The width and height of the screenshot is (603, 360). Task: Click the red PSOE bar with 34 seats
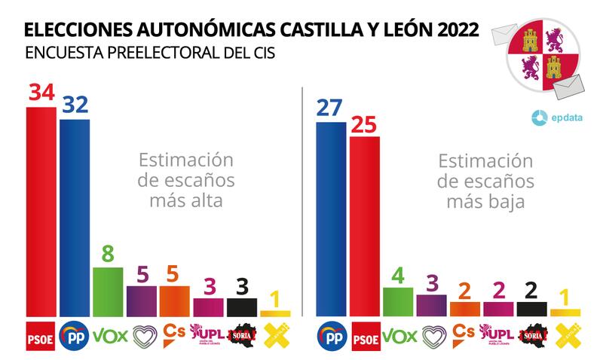coord(40,211)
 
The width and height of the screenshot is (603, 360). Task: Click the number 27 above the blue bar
coord(330,108)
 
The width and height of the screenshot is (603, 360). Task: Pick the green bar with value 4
coord(397,301)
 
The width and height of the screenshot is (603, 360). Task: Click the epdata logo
coord(556,117)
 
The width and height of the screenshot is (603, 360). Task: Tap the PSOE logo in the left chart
coord(40,334)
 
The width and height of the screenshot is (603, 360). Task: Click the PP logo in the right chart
coord(330,334)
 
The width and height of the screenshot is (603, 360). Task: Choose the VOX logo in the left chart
coord(108,334)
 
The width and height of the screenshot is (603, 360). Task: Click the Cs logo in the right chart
coord(464,332)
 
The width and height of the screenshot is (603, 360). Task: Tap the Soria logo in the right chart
coord(531,334)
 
